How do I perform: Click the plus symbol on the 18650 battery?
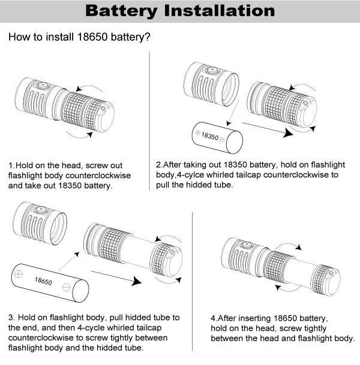pos(19,274)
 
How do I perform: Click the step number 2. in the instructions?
pos(159,164)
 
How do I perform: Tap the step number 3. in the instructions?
pos(11,317)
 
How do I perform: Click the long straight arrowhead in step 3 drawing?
pos(139,282)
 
